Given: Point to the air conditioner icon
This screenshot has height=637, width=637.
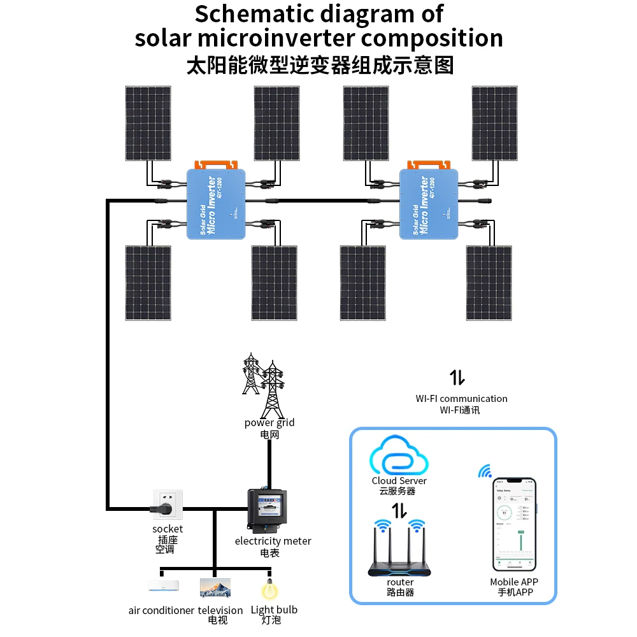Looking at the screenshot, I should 163,585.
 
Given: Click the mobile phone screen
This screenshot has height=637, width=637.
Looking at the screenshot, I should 515,524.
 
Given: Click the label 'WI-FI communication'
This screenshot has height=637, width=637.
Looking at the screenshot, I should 462,399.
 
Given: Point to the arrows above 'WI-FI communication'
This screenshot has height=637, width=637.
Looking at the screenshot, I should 457,377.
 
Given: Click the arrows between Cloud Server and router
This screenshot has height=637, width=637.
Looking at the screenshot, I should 399,510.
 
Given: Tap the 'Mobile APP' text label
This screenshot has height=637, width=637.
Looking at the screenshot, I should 514,582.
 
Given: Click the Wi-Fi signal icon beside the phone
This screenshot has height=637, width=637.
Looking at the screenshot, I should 485,472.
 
